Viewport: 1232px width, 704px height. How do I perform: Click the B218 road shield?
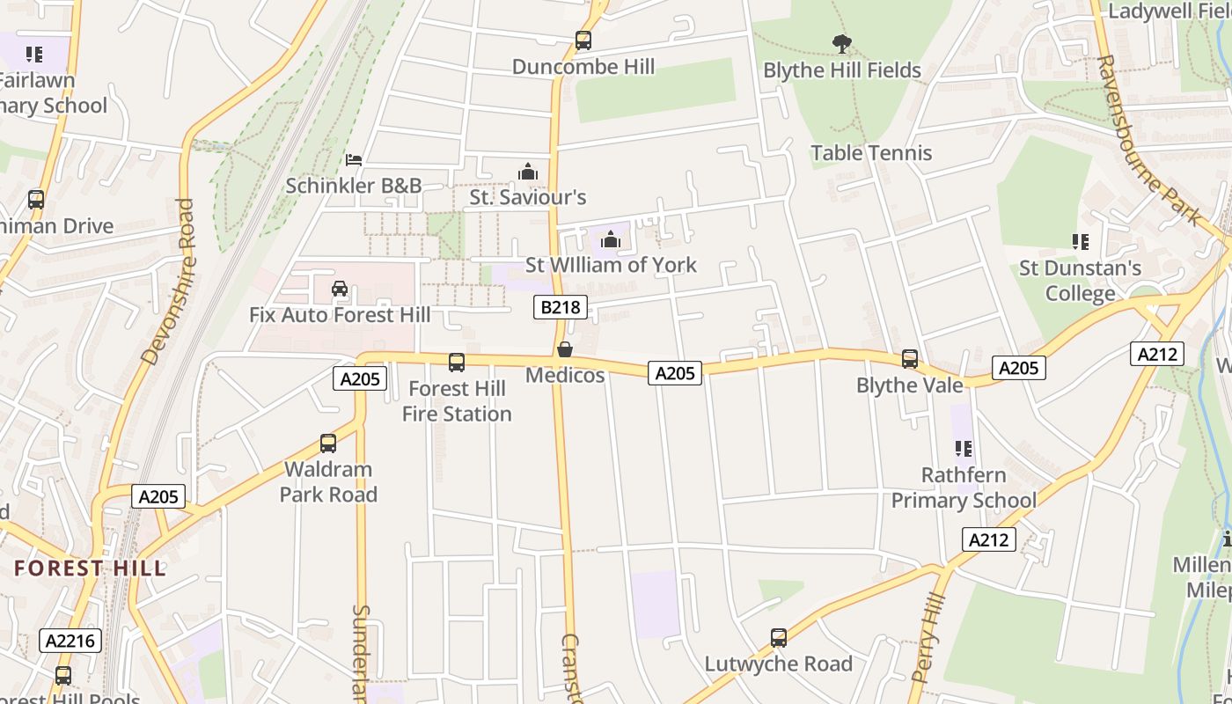[x=560, y=307]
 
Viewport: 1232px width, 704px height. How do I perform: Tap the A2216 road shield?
[x=71, y=641]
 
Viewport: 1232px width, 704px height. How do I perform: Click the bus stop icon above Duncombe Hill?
[x=583, y=40]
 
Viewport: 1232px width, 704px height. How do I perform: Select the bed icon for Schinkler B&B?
[x=354, y=160]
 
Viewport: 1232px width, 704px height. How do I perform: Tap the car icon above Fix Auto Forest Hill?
[x=340, y=289]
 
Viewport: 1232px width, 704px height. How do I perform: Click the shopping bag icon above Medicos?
[x=565, y=349]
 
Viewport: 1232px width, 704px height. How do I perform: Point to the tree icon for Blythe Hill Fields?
[x=842, y=43]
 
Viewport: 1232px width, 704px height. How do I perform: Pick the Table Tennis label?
[x=870, y=153]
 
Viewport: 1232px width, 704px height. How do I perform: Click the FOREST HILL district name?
[x=90, y=568]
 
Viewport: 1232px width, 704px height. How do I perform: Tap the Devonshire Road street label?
[x=168, y=282]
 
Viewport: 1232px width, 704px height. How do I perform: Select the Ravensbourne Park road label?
[x=1149, y=141]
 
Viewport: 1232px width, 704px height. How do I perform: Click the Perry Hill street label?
[x=928, y=639]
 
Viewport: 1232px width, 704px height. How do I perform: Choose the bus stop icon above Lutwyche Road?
[x=778, y=638]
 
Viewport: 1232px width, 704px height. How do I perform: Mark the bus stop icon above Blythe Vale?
[x=909, y=359]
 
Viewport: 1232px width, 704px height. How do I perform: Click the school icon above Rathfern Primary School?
[x=964, y=449]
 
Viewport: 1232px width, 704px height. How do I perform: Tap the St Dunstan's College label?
[x=1080, y=281]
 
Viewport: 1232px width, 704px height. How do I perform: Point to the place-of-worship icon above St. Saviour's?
[x=528, y=171]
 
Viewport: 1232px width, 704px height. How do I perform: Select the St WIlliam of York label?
[x=611, y=265]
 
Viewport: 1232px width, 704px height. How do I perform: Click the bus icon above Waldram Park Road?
[x=328, y=444]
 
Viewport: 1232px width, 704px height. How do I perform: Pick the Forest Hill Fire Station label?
[x=457, y=401]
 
